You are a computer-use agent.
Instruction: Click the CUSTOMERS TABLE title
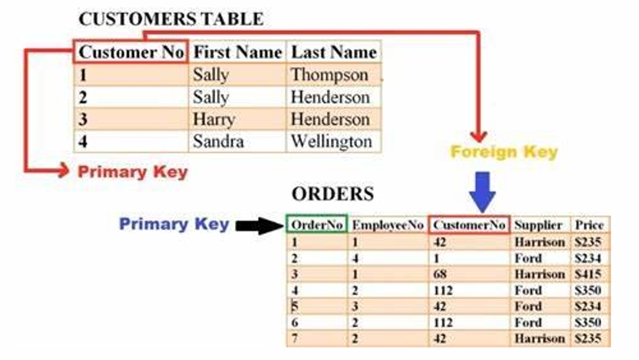[x=171, y=19]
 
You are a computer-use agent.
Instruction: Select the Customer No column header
[x=131, y=52]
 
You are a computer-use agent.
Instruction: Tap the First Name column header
[x=238, y=52]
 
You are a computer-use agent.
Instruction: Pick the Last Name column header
[x=333, y=52]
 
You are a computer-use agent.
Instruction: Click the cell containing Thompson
[x=329, y=75]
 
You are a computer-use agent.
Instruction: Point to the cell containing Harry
[x=214, y=119]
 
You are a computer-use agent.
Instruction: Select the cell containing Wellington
[x=331, y=141]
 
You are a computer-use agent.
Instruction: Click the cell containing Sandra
[x=218, y=141]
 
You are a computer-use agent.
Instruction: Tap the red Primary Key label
[x=133, y=172]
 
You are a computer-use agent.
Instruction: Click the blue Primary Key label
[x=174, y=224]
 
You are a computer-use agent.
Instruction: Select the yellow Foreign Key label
[x=504, y=151]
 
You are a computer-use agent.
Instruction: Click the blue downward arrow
[x=482, y=192]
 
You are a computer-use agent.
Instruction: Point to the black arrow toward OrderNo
[x=258, y=225]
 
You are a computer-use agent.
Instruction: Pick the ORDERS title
[x=332, y=194]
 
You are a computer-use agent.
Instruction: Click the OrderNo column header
[x=316, y=225]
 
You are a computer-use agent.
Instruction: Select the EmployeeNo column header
[x=388, y=225]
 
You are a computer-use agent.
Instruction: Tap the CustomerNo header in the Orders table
[x=469, y=225]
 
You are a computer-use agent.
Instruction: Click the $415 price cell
[x=589, y=274]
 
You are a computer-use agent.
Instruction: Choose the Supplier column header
[x=538, y=225]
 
